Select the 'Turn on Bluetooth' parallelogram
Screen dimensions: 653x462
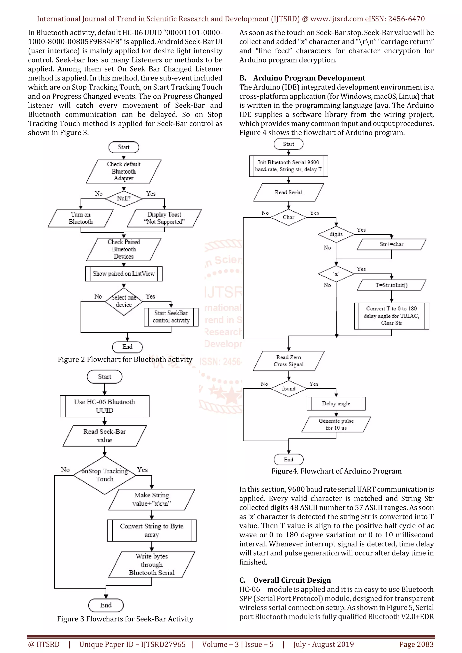coord(81,218)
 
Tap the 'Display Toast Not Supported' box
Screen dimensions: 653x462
coord(164,218)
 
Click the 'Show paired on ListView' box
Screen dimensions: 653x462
coord(124,274)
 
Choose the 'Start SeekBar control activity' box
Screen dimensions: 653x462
coord(171,317)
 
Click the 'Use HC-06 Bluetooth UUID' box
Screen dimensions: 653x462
coord(104,406)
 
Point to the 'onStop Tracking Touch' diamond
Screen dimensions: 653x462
coord(104,475)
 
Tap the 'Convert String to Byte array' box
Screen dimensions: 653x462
coord(152,530)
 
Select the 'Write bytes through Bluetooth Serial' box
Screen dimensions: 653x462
coord(152,565)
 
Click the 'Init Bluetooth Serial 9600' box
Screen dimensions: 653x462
coord(289,166)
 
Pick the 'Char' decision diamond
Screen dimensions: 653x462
coord(289,217)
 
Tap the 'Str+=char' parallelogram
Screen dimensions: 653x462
coord(391,244)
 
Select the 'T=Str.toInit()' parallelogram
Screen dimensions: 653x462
coord(391,285)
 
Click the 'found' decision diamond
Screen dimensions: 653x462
coord(289,389)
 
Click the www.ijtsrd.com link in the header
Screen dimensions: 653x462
coord(337,19)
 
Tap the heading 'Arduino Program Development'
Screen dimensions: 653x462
coord(309,78)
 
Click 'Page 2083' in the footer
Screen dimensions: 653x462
coord(416,644)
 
